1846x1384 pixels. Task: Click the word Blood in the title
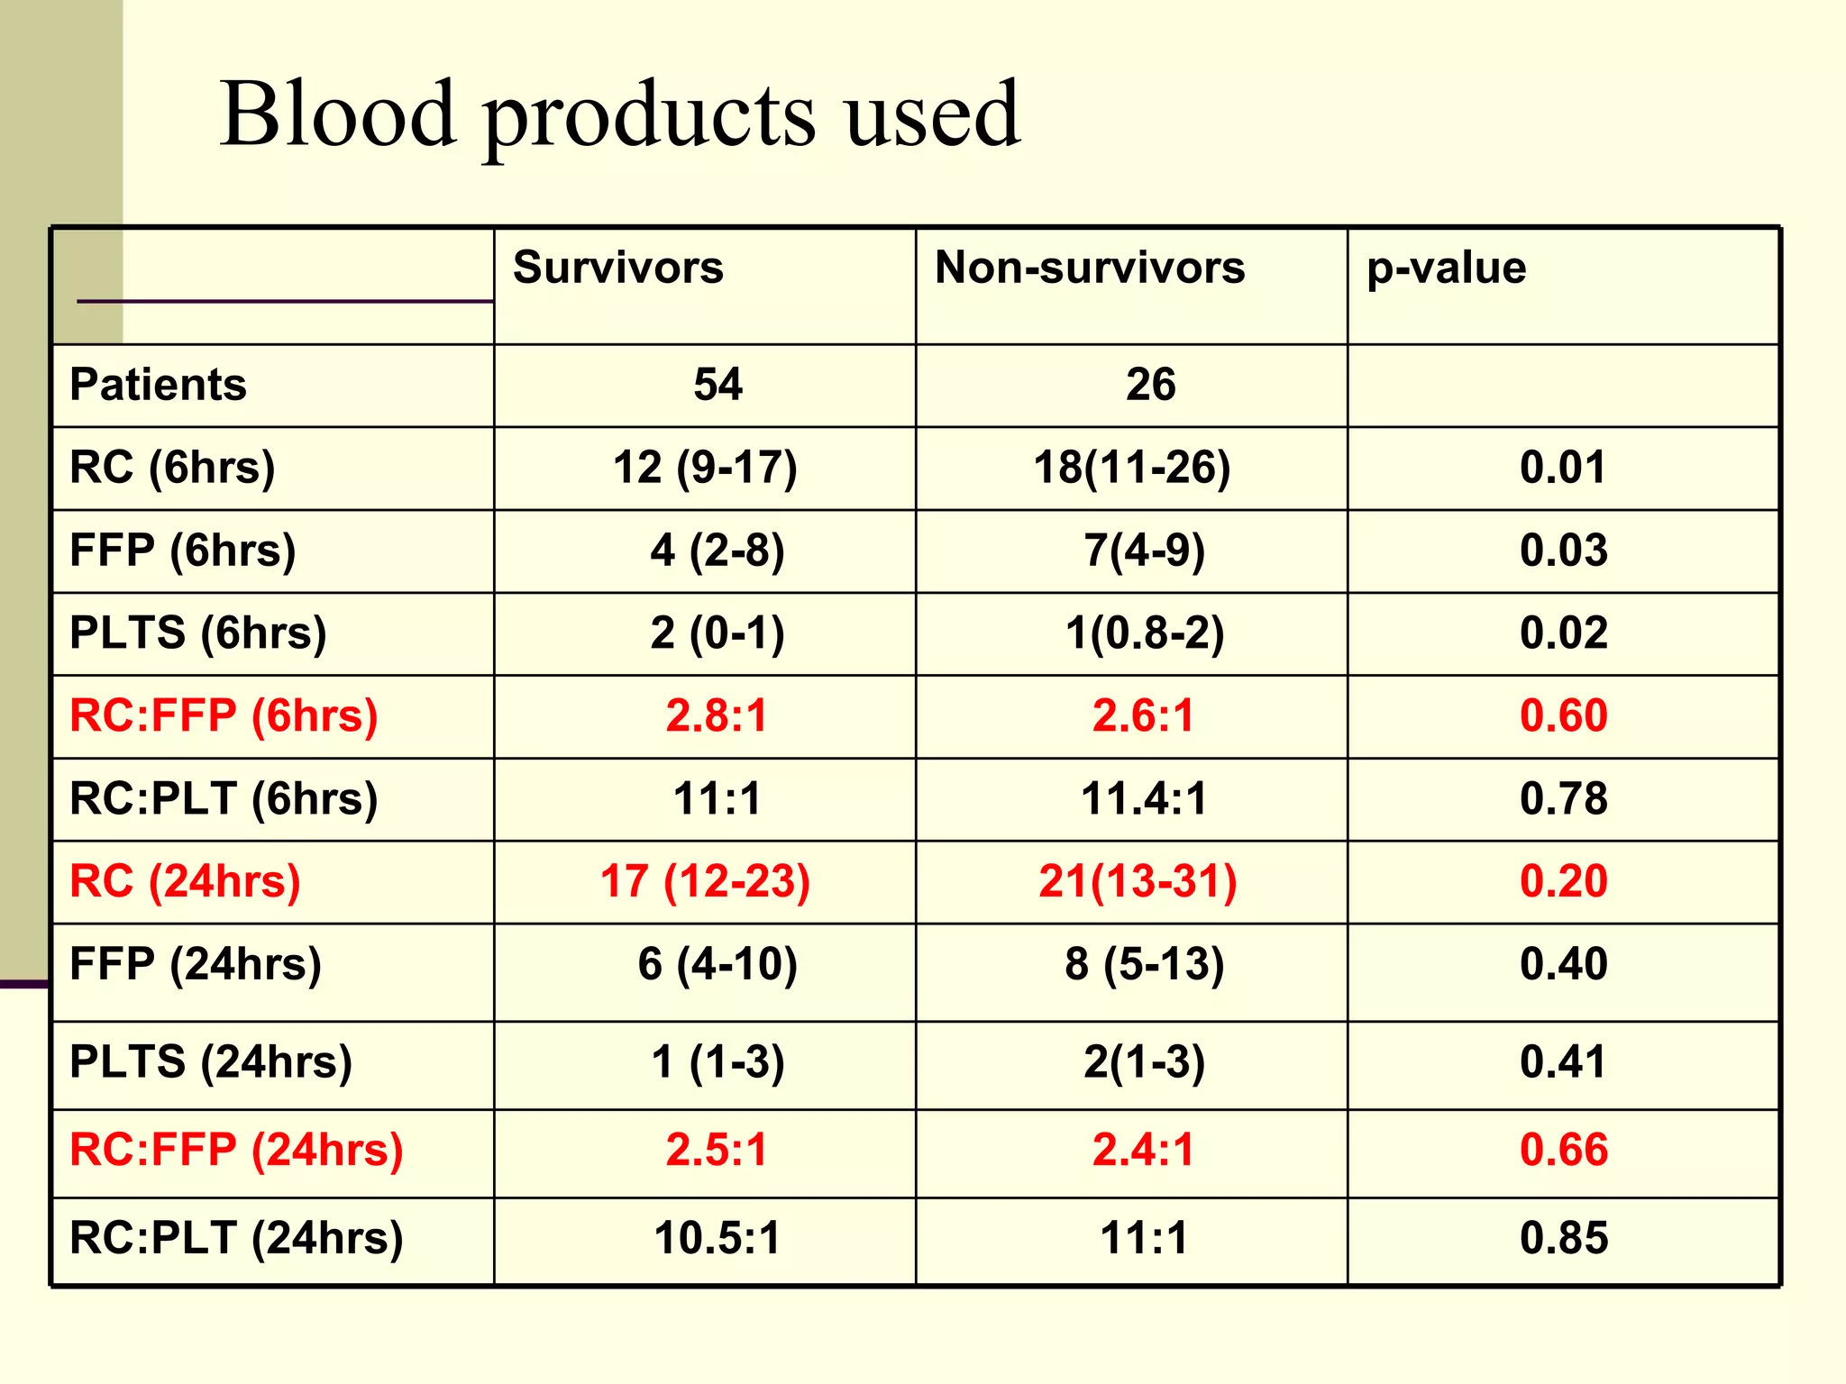[x=338, y=114]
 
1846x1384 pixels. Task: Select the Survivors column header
[x=617, y=268]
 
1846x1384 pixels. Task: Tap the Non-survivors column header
[x=1089, y=268]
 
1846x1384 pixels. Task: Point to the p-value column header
[x=1446, y=269]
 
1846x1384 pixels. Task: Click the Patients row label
[x=158, y=385]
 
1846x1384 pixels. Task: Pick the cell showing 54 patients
[x=717, y=385]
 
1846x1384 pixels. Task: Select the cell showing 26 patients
[x=1150, y=385]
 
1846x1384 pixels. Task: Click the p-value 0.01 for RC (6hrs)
[x=1563, y=468]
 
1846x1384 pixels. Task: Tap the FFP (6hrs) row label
[x=182, y=551]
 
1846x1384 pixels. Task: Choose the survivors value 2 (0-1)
[x=717, y=633]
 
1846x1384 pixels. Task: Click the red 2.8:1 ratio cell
[x=716, y=716]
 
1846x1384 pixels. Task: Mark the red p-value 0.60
[x=1563, y=716]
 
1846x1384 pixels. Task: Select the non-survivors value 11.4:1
[x=1143, y=799]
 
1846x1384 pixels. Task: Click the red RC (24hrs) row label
[x=185, y=881]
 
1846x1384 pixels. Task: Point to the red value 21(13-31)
[x=1138, y=881]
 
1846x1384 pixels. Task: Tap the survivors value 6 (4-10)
[x=717, y=964]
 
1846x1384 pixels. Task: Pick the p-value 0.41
[x=1563, y=1062]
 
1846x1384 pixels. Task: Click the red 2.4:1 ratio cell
[x=1143, y=1151]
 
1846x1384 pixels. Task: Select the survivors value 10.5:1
[x=717, y=1238]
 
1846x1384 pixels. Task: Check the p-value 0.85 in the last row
[x=1563, y=1238]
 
